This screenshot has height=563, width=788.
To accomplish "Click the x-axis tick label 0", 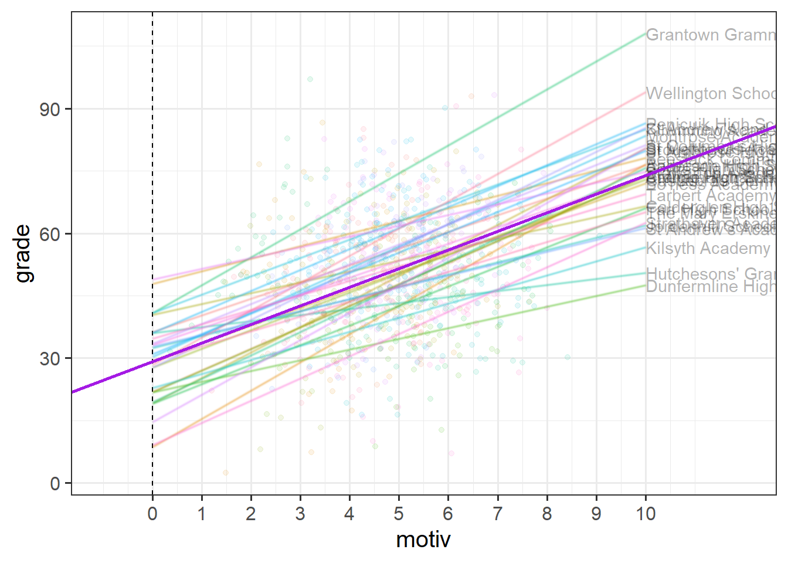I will point(152,514).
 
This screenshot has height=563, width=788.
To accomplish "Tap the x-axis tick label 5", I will point(399,514).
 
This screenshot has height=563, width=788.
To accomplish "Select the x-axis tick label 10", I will point(646,514).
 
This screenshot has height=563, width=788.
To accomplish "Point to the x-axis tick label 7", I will point(497,514).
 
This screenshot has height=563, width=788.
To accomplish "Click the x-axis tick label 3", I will point(300,514).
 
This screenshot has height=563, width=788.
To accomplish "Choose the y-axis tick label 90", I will point(50,110).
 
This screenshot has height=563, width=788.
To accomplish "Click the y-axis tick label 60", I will point(50,234).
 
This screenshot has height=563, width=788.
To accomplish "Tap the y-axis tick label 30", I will point(50,359).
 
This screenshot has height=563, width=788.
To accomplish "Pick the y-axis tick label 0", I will point(55,484).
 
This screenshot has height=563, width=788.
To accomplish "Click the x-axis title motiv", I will point(423,540).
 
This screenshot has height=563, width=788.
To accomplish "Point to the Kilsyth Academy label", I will point(708,249).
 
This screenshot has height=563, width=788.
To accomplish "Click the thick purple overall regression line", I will point(399,269).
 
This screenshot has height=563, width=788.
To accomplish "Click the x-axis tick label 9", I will point(596,514).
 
